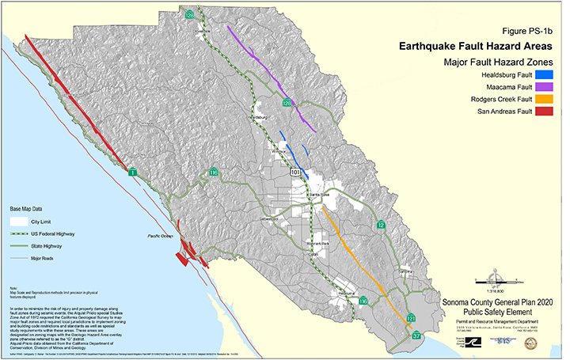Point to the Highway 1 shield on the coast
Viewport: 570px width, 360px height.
133,172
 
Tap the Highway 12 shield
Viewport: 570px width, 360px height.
381,225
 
